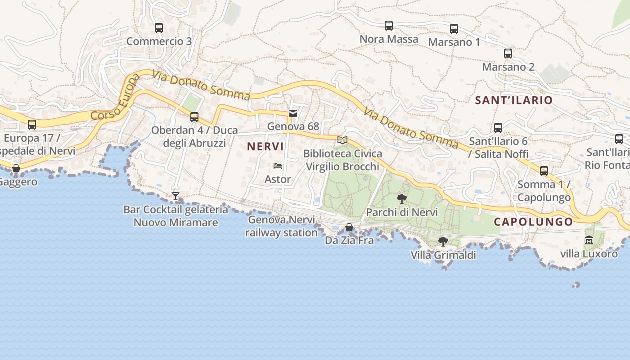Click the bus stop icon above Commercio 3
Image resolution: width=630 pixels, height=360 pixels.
[159, 28]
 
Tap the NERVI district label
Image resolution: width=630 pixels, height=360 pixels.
[265, 146]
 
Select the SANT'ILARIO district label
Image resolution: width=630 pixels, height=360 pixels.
[514, 100]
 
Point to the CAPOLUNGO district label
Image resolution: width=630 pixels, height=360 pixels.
[533, 221]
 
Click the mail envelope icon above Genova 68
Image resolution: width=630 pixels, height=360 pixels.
[293, 113]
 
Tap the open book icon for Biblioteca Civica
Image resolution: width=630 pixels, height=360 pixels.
[342, 140]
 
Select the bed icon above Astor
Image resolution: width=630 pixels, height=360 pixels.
[278, 166]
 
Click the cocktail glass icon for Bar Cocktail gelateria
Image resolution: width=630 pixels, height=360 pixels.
[175, 196]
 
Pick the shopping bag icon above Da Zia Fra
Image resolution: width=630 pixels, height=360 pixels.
[349, 227]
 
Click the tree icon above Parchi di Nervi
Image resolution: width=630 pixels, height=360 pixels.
[402, 198]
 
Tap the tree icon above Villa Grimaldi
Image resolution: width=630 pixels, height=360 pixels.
[443, 242]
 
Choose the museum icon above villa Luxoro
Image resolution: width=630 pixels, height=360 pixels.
[589, 240]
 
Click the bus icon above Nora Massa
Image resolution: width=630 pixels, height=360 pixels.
[389, 26]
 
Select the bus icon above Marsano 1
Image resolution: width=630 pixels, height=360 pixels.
[454, 29]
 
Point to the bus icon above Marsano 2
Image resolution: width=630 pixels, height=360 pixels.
[508, 54]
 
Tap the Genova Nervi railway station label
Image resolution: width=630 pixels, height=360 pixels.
[282, 226]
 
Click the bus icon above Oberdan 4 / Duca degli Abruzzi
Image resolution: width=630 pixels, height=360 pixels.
[194, 117]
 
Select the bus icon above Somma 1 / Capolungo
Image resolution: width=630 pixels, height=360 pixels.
[544, 171]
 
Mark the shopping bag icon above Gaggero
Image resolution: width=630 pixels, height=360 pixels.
[16, 169]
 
